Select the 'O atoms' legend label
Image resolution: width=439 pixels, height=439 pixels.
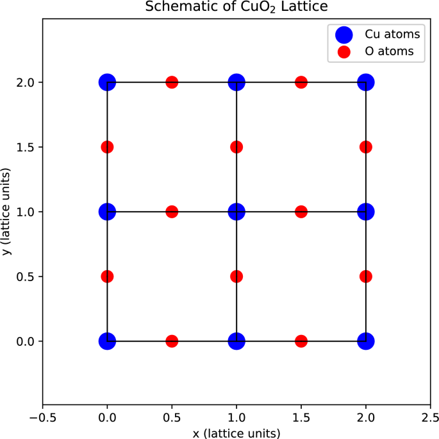click(386, 51)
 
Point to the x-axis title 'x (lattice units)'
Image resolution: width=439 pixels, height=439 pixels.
click(236, 433)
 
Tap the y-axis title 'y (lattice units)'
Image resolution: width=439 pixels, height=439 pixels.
click(6, 212)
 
